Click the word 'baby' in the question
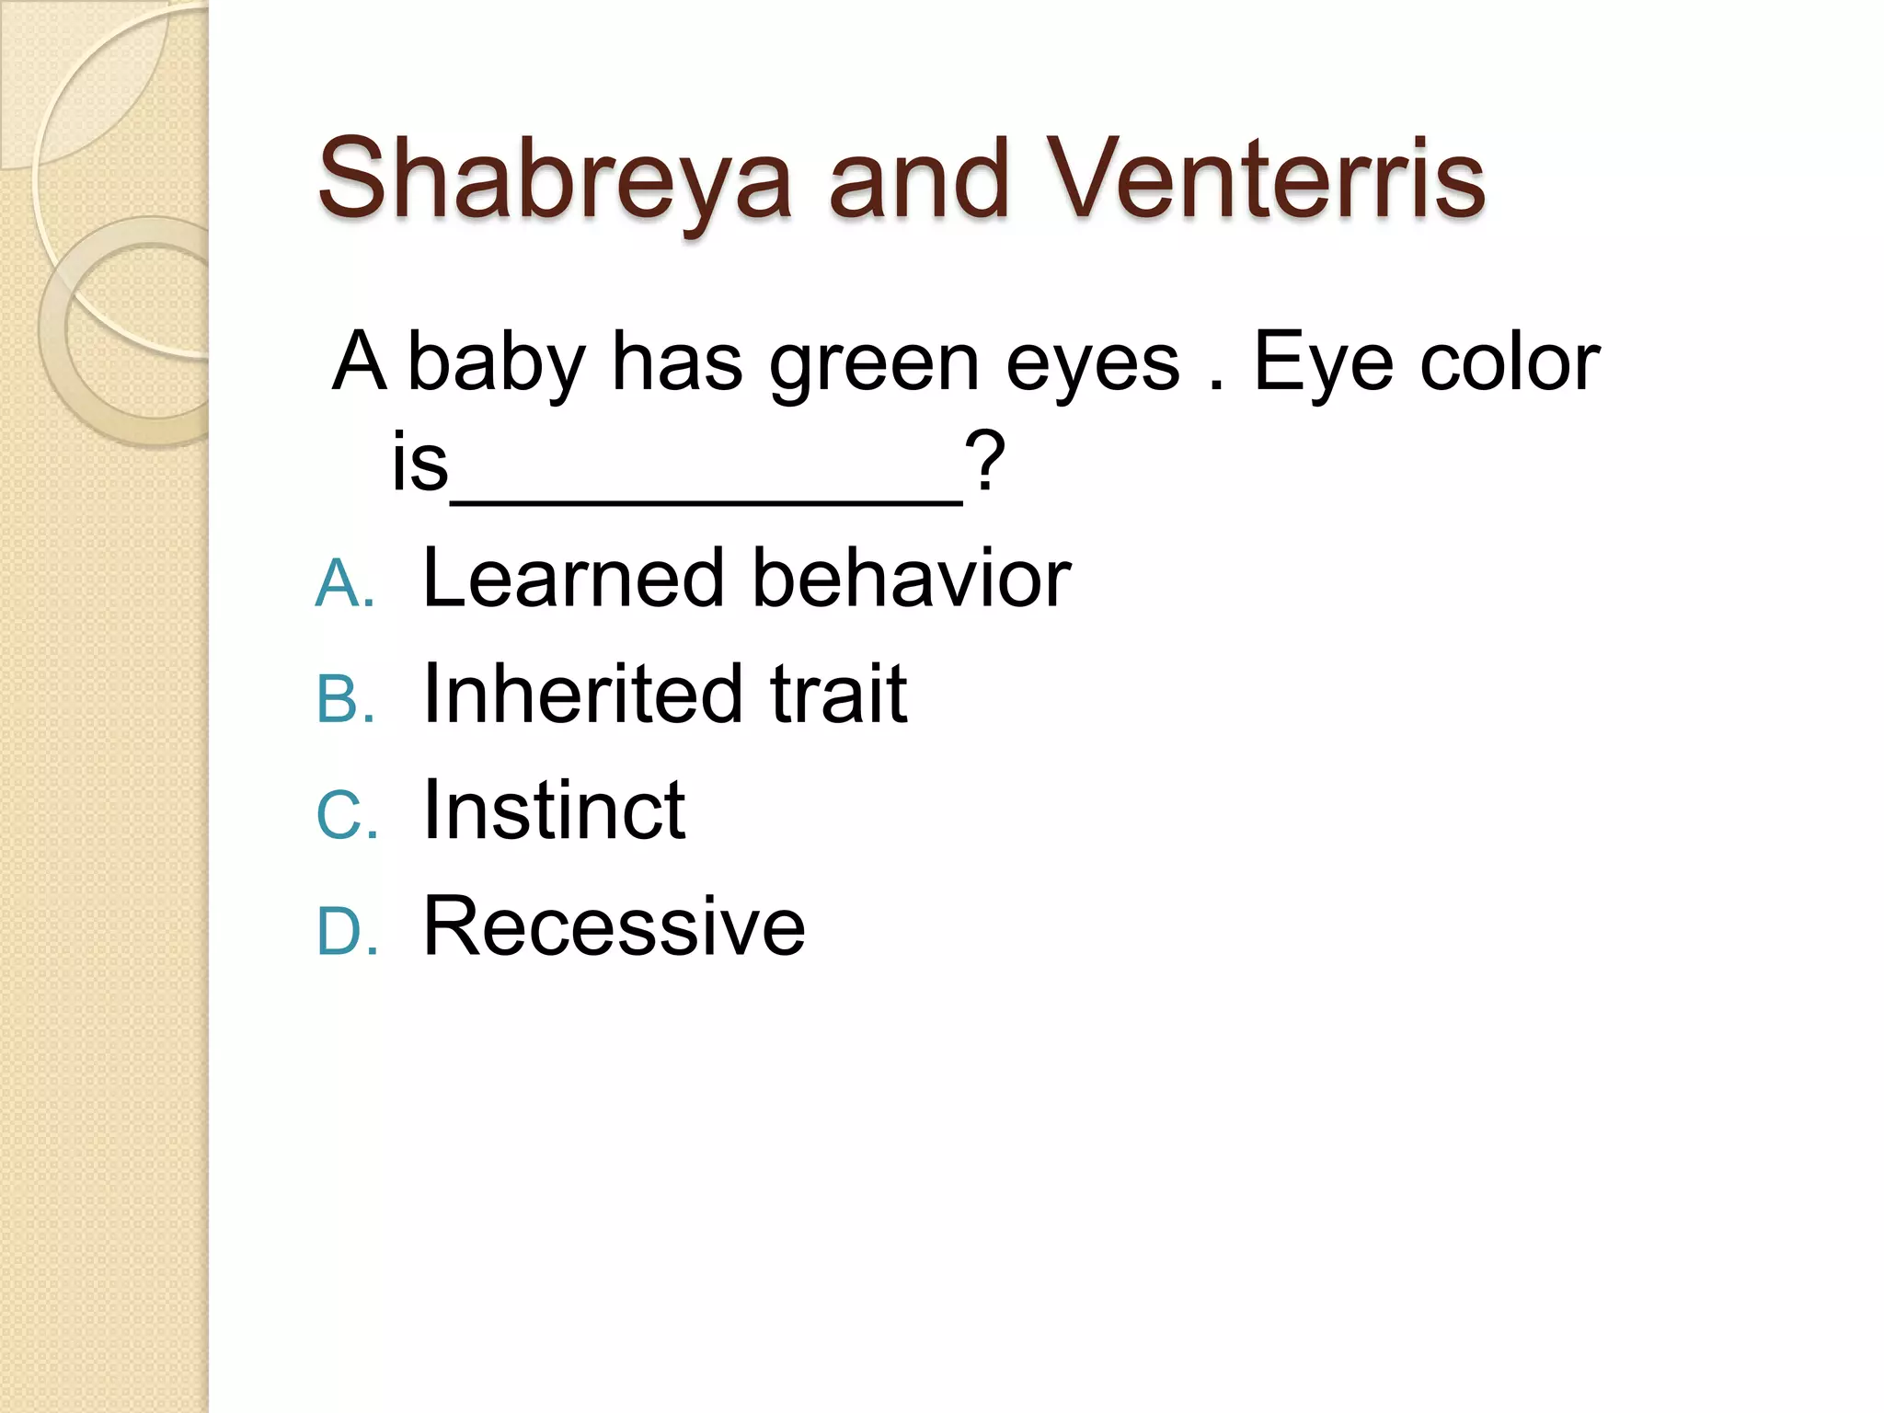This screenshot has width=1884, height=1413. pos(497,363)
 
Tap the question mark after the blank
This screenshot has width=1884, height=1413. pos(985,463)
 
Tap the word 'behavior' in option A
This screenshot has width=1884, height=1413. pos(912,579)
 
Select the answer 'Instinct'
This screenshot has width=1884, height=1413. pos(554,810)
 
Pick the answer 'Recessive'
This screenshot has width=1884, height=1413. pos(614,926)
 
